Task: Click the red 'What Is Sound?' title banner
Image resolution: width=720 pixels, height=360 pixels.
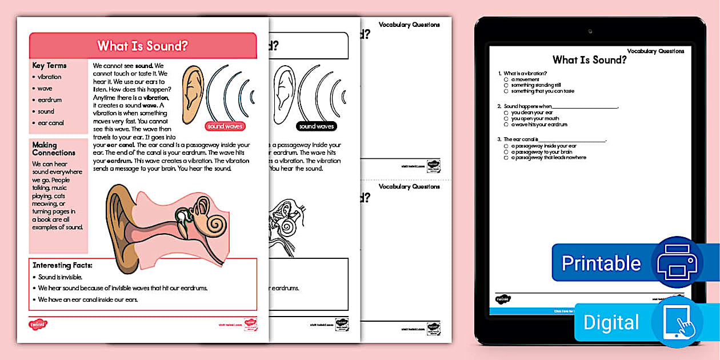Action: tap(142, 46)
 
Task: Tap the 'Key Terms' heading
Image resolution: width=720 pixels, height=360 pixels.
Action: tap(49, 66)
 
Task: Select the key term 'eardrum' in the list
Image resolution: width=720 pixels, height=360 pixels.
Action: tap(50, 100)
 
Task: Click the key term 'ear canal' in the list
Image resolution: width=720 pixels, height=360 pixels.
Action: tap(51, 123)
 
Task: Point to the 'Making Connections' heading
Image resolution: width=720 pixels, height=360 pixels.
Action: tap(54, 149)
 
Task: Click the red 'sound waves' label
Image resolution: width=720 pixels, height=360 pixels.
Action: tap(225, 126)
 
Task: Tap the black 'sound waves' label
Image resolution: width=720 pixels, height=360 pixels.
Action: tap(316, 126)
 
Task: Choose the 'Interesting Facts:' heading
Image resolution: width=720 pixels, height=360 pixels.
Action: tap(62, 265)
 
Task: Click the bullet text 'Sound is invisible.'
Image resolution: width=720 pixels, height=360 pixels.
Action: tap(61, 277)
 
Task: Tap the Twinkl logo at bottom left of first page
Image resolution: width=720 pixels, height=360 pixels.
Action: tap(38, 324)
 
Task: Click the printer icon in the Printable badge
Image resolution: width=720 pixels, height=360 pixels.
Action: tap(677, 262)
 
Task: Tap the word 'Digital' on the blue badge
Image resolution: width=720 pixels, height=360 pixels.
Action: tap(611, 323)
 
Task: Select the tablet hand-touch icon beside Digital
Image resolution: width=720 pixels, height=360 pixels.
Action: tap(677, 322)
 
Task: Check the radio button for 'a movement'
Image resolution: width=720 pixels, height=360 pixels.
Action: tap(506, 79)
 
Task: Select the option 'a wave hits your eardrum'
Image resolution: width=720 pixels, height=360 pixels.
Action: tap(539, 125)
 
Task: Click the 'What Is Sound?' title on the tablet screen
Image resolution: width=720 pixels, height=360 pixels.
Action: tap(589, 60)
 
